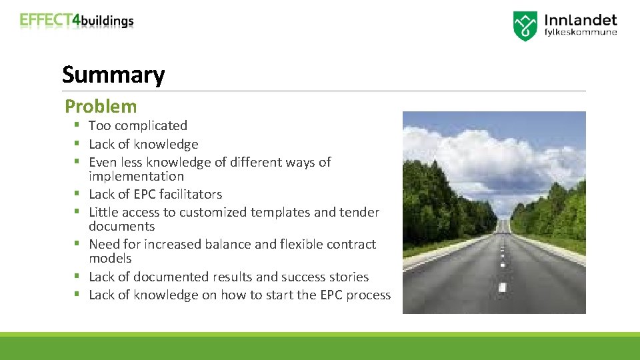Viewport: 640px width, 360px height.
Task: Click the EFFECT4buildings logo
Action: [77, 21]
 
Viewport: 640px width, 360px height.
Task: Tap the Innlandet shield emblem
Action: [525, 26]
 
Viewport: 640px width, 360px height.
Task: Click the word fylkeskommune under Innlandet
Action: [581, 32]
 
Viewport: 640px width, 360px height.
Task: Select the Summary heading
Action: [113, 75]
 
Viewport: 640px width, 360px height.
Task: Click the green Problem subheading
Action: [101, 106]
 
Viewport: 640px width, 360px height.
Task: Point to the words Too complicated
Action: [138, 125]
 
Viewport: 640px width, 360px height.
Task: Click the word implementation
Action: [136, 177]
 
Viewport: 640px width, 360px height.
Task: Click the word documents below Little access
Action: [121, 227]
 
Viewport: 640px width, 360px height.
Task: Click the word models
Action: [110, 259]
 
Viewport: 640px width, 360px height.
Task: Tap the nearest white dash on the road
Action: [502, 287]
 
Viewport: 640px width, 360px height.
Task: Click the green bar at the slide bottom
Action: [320, 347]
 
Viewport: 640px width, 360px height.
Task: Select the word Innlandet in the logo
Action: [581, 20]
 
